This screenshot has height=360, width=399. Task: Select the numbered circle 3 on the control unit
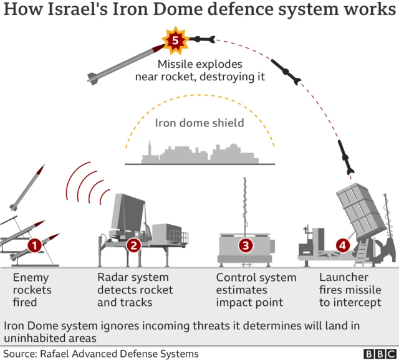(246, 245)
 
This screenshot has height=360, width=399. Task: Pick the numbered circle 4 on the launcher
(342, 245)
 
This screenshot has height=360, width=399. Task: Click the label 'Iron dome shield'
(199, 123)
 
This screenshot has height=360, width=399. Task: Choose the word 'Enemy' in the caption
(30, 277)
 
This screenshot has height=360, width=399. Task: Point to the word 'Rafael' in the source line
(58, 353)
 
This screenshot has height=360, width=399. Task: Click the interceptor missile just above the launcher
(347, 158)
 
